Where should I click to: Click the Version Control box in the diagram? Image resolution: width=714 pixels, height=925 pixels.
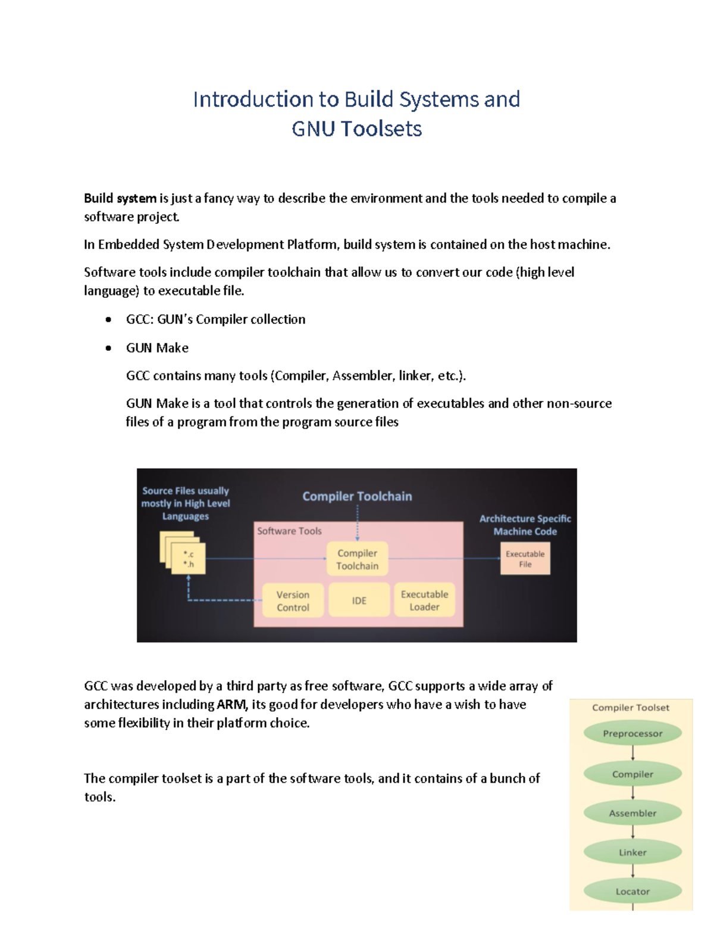(x=293, y=600)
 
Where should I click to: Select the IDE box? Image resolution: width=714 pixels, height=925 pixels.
(x=359, y=600)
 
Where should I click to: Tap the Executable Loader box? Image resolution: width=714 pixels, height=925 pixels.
(x=424, y=600)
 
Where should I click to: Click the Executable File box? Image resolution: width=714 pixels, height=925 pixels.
(x=525, y=559)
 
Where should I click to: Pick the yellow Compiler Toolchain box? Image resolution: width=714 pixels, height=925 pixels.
(x=357, y=559)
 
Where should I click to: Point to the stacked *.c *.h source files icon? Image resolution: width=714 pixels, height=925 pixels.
(x=184, y=555)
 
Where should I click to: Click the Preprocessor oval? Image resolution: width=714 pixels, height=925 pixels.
(x=632, y=733)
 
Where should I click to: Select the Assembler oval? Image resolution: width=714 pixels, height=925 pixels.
(x=632, y=813)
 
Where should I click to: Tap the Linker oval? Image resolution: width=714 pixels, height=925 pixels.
(x=632, y=852)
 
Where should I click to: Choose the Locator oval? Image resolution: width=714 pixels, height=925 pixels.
(x=632, y=891)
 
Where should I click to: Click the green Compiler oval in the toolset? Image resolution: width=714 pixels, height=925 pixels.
(x=632, y=774)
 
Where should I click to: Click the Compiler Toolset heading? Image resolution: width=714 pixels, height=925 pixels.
(x=630, y=708)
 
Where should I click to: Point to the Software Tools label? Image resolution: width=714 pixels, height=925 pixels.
(x=289, y=531)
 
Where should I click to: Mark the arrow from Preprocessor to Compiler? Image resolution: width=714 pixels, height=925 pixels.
(x=632, y=753)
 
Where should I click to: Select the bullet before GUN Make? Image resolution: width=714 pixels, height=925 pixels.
(x=108, y=348)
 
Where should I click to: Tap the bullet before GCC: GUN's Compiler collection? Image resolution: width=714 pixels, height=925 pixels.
(x=108, y=320)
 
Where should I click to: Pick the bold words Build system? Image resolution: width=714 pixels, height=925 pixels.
(x=120, y=198)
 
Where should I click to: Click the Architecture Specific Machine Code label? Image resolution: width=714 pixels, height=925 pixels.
(x=525, y=525)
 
